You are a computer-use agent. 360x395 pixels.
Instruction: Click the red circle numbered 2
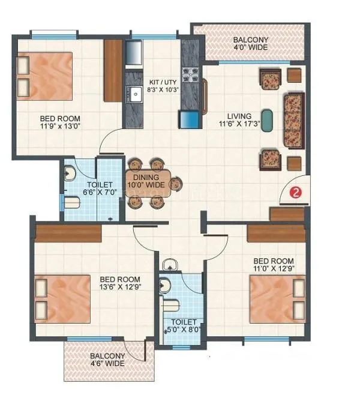pyautogui.click(x=295, y=193)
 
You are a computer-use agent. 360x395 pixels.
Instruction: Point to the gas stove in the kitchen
pyautogui.click(x=190, y=75)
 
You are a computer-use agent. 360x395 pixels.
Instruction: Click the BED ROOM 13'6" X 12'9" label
pyautogui.click(x=120, y=284)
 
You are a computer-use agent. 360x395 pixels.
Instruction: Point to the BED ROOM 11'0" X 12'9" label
pyautogui.click(x=273, y=265)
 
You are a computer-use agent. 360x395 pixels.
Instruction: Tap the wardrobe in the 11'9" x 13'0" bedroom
pyautogui.click(x=112, y=70)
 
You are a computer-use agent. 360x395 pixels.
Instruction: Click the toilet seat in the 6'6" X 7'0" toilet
pyautogui.click(x=71, y=202)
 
